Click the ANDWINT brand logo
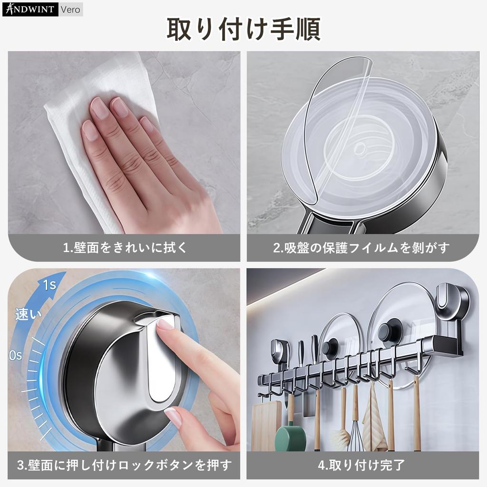click(x=30, y=9)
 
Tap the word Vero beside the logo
click(x=70, y=9)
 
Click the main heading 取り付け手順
click(x=243, y=29)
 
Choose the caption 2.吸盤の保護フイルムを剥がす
click(x=361, y=248)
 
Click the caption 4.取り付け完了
click(x=361, y=464)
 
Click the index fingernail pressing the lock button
click(x=166, y=324)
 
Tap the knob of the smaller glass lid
click(x=330, y=347)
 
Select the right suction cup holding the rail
click(x=452, y=304)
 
